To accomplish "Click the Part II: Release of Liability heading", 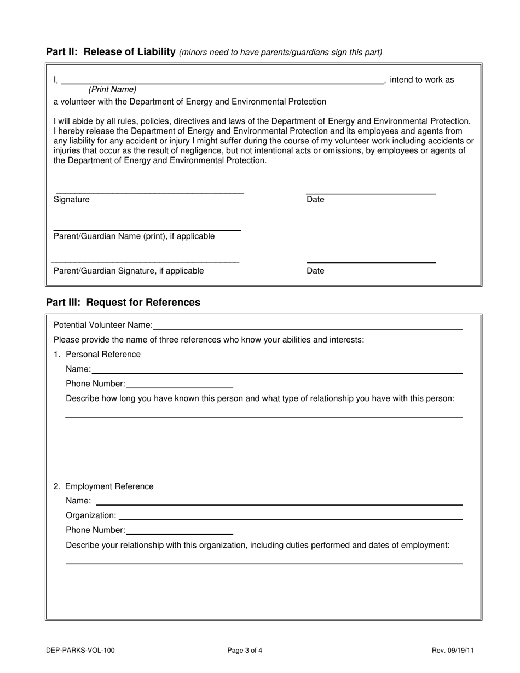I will tap(111, 52).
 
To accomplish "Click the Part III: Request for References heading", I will tap(123, 303).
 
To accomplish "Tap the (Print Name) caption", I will tap(112, 89).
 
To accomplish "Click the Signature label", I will tap(71, 200).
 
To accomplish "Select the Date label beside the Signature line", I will tap(315, 200).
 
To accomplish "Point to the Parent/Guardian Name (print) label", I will tap(134, 236).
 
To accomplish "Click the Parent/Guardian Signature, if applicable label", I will tap(129, 271).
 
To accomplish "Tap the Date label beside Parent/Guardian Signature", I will tap(315, 271).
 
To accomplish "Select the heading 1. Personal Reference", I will tap(97, 355).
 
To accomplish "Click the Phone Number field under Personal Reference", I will tap(180, 385).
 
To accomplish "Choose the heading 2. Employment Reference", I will tap(103, 486).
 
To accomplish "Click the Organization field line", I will tap(290, 516).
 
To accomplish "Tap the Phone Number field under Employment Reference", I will tap(180, 531).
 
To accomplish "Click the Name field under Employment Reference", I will tap(279, 501).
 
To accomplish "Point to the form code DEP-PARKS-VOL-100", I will tap(80, 651).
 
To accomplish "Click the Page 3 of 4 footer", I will tap(245, 651).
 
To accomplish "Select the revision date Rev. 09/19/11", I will tap(453, 651).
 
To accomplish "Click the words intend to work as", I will tap(421, 80).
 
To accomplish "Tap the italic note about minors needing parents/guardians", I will tap(280, 53).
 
